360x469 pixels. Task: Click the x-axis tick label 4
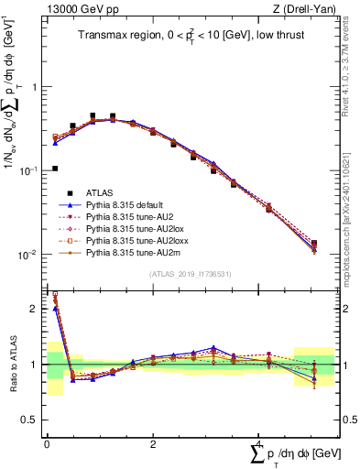click(x=259, y=443)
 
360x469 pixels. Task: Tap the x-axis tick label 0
click(x=47, y=443)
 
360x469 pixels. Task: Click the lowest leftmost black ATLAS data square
click(x=55, y=169)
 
